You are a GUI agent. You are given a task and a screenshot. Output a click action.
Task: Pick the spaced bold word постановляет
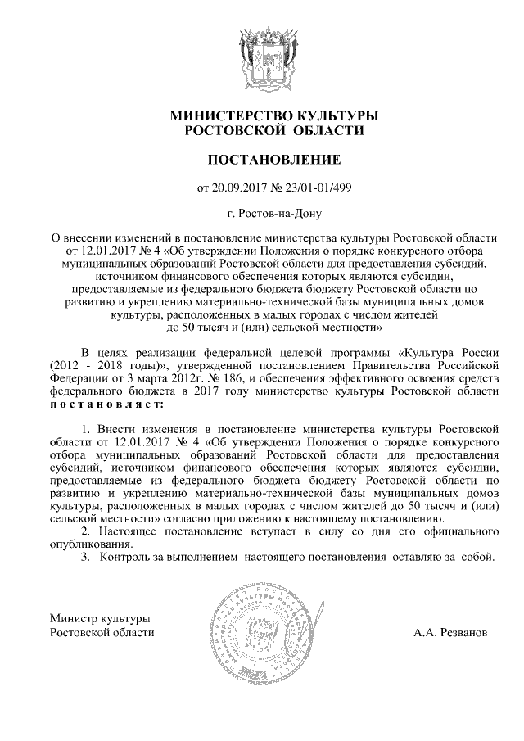(x=106, y=404)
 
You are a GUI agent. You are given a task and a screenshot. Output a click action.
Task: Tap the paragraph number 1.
(x=87, y=428)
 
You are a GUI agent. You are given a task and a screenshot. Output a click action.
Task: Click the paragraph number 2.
(x=87, y=532)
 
